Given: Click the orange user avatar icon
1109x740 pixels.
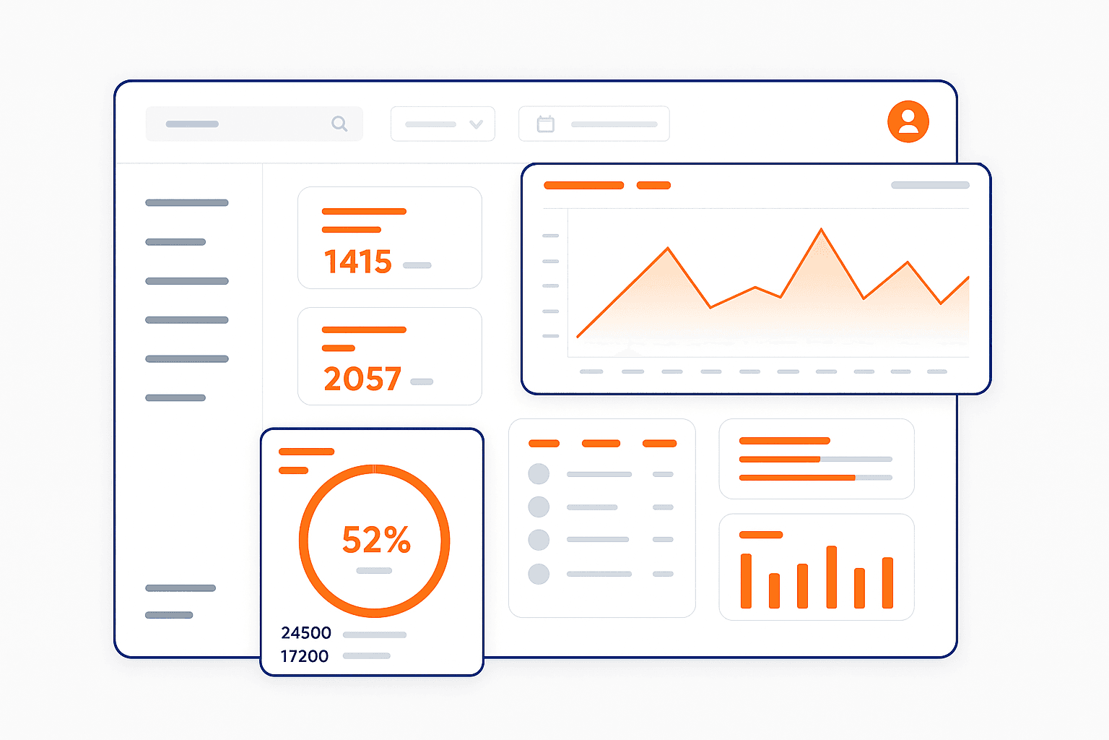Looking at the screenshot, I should click(908, 121).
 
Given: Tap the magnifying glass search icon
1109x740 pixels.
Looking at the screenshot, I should click(339, 124).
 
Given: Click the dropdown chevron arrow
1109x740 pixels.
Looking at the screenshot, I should click(476, 124).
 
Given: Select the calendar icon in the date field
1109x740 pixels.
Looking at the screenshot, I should click(546, 124).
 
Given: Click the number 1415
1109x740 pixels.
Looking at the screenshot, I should click(357, 262).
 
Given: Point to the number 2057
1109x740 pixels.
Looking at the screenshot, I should click(362, 379).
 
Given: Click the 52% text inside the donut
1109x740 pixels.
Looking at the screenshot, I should click(376, 540).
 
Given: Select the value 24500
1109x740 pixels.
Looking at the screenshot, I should click(306, 633).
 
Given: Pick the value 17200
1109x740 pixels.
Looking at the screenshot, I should click(305, 656).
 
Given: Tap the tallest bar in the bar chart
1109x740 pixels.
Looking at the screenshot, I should click(831, 577).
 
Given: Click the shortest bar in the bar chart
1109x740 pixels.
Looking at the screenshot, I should click(774, 590).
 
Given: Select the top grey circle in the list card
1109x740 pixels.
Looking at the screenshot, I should click(539, 474).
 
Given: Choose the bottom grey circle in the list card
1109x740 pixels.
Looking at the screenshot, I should click(539, 574).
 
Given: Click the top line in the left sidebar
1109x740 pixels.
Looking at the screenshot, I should click(186, 203).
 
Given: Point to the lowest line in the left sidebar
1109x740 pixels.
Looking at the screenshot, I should click(169, 616).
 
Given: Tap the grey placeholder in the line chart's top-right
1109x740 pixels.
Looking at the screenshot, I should click(930, 186).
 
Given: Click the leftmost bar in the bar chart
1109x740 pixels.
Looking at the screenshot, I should click(746, 581).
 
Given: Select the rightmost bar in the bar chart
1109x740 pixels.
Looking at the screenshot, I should click(887, 582).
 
